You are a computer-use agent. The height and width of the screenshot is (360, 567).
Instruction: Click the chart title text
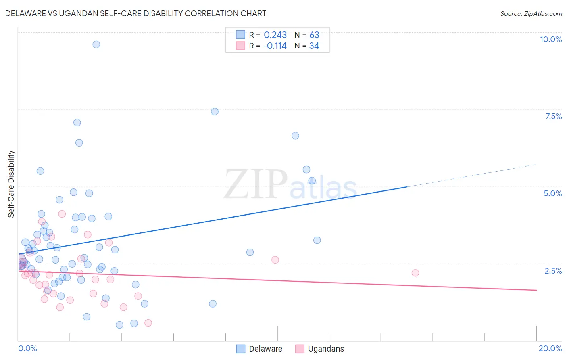coord(135,13)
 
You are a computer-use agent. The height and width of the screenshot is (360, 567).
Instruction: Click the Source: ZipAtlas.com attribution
coord(531,13)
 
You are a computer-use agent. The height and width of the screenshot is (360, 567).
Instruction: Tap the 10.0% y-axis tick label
coord(550,39)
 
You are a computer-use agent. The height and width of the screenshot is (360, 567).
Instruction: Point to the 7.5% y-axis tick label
coord(553,116)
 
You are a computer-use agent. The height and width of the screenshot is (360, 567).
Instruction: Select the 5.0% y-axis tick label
coord(552,193)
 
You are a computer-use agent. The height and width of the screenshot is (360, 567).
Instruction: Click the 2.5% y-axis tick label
coord(553,271)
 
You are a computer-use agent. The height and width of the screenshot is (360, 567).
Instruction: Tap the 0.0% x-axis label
coord(27,348)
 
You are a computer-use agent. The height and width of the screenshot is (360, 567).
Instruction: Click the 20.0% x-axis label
coord(550,348)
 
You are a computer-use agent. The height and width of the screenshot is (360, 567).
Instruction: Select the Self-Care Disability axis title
coord(11,184)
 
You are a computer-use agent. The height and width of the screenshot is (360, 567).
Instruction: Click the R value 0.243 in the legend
coord(275,35)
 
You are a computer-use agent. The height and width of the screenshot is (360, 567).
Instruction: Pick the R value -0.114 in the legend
coord(275,46)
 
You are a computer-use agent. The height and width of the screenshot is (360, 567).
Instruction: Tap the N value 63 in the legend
coord(314,35)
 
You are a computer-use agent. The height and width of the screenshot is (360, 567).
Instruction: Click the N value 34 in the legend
coord(314,46)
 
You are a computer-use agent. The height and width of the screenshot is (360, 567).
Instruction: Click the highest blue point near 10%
coord(96,44)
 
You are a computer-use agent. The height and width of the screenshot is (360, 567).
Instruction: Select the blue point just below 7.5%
coord(215,111)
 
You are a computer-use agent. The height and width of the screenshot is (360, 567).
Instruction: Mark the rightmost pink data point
coord(415,273)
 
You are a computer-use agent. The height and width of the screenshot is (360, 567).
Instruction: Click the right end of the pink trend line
coord(536,290)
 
